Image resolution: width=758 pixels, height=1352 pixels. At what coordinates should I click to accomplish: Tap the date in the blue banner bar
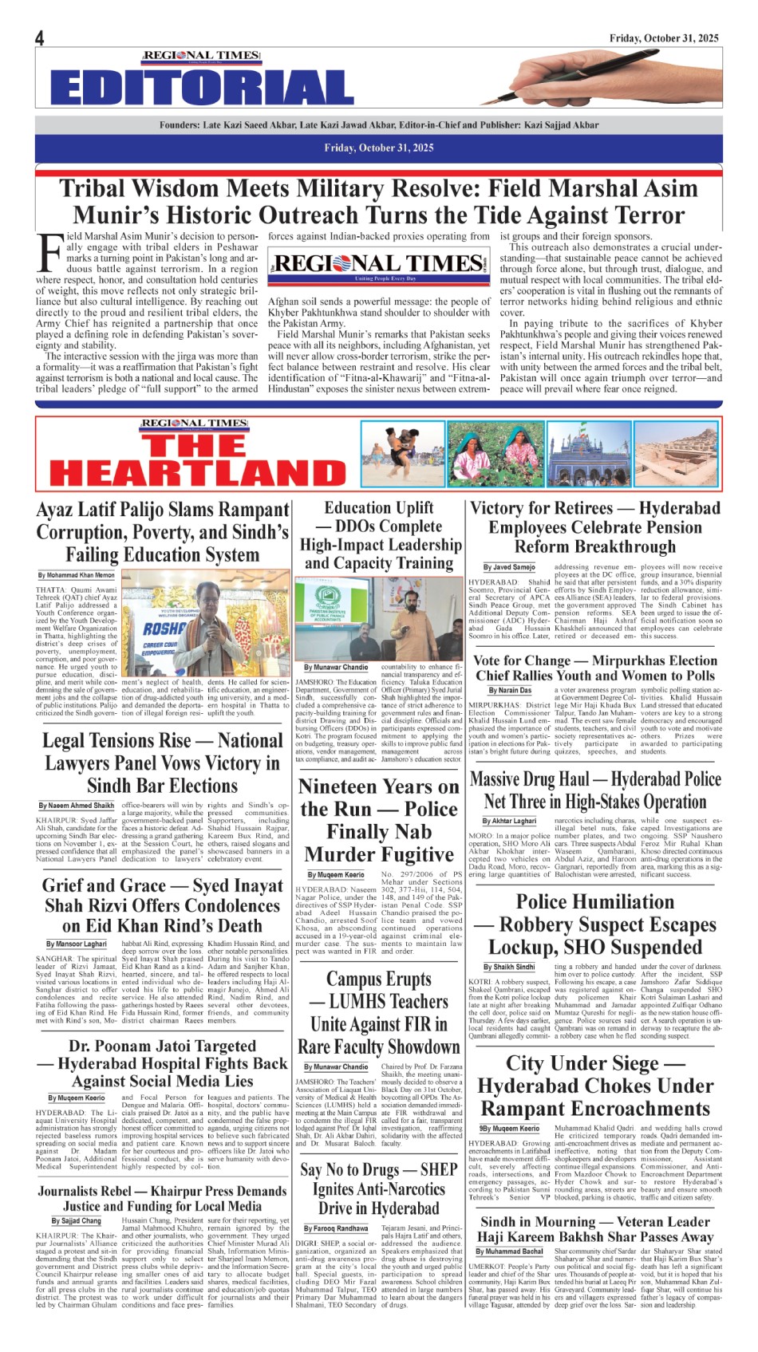coord(379,148)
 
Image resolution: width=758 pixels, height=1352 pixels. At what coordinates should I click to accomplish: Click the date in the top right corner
coord(664,37)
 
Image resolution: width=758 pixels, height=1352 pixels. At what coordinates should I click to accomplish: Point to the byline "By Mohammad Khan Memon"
coord(77,575)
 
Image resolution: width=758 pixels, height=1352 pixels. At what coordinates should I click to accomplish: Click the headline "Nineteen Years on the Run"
coord(379,820)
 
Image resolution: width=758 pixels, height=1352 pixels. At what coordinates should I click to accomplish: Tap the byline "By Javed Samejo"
coord(509,568)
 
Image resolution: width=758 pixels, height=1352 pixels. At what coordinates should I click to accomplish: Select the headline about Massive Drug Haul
coord(595,790)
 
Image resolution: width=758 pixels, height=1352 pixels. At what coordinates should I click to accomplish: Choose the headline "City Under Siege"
coord(595,1086)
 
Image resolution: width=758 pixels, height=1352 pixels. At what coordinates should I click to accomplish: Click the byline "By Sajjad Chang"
coord(76,1221)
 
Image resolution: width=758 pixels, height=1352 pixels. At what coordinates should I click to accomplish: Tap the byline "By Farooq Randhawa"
coord(336,1229)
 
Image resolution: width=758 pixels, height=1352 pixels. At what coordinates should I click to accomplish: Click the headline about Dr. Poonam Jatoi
coord(162,1062)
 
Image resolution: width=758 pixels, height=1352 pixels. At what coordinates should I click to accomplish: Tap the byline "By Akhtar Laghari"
coord(509,821)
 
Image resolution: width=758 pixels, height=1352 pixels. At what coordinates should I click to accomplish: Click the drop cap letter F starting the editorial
coord(49,252)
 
